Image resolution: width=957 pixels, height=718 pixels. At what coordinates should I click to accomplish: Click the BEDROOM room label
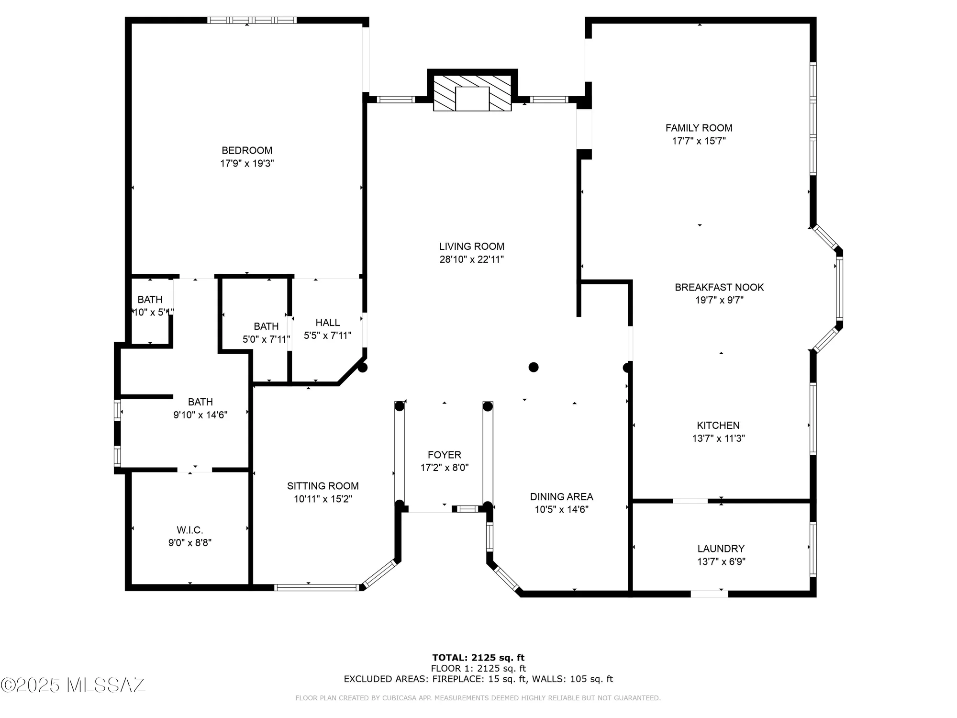[x=247, y=150]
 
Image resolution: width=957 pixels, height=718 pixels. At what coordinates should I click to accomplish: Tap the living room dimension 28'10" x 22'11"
[x=472, y=259]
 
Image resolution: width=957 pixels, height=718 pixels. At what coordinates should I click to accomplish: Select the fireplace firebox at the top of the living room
[x=472, y=99]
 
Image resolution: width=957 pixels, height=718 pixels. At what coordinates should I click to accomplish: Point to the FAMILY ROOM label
[x=699, y=128]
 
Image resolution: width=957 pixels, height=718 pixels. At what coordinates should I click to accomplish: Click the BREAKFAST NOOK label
[x=719, y=287]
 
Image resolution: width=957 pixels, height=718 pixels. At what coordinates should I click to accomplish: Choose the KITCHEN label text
[x=718, y=425]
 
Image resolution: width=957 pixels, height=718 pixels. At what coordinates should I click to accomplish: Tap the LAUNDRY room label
[x=721, y=549]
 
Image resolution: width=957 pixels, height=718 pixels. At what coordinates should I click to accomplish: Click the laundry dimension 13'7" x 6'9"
[x=721, y=561]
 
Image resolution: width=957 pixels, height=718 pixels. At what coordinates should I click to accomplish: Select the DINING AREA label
[x=561, y=496]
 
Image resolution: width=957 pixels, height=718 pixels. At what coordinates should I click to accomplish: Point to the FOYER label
[x=444, y=455]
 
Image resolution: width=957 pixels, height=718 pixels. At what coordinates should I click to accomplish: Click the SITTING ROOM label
[x=323, y=486]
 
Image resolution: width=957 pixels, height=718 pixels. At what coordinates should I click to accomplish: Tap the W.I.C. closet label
[x=189, y=530]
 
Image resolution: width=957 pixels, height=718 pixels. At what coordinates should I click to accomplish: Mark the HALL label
[x=327, y=323]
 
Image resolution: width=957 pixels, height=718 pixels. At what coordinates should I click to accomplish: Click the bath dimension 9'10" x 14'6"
[x=200, y=415]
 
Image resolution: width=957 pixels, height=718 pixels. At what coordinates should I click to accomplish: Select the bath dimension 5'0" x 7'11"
[x=266, y=339]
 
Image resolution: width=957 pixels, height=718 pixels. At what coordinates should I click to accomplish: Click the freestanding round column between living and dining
[x=534, y=367]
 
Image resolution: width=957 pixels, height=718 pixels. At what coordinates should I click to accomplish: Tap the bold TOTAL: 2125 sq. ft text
[x=478, y=658]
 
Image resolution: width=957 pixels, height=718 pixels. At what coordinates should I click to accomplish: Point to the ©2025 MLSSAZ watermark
[x=73, y=685]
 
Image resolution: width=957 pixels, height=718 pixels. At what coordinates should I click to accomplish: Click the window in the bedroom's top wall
[x=252, y=20]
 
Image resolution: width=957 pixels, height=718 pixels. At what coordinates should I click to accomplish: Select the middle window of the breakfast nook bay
[x=839, y=288]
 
